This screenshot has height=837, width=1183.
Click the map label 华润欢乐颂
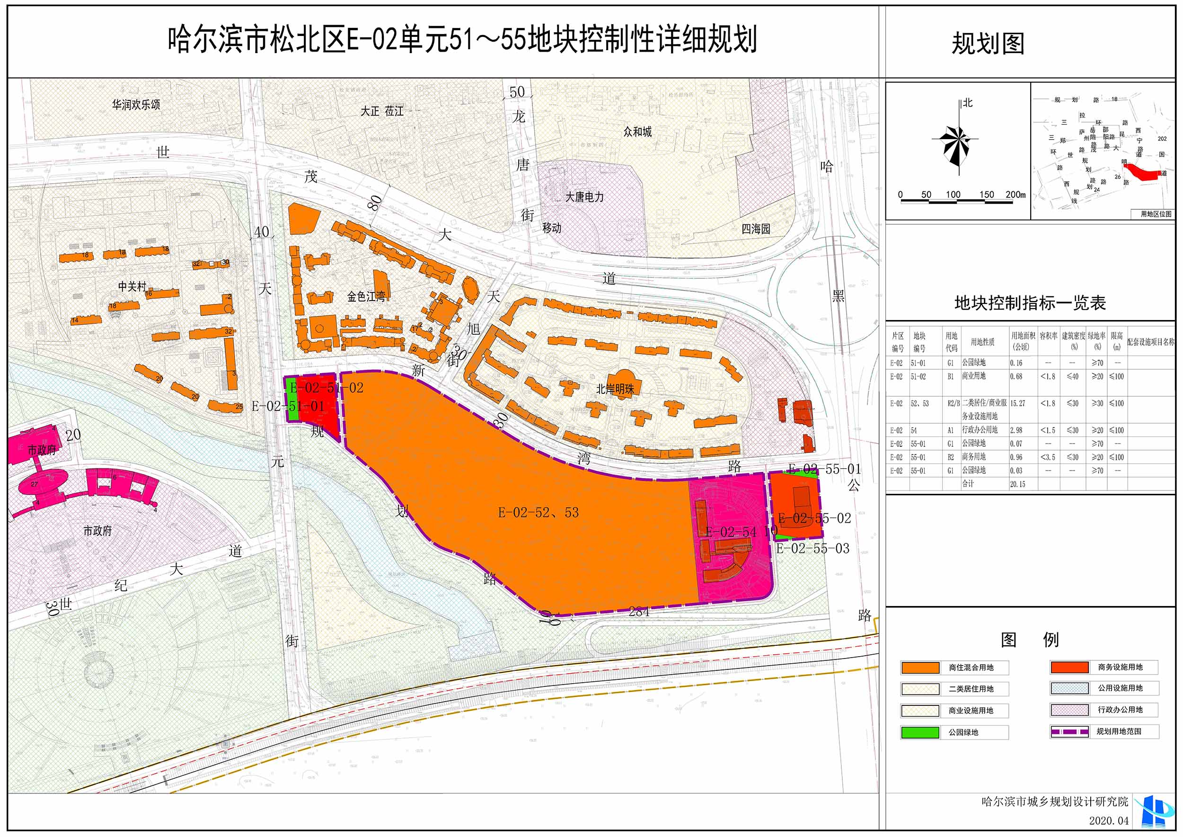click(x=136, y=105)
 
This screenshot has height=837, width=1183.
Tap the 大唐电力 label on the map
click(x=584, y=197)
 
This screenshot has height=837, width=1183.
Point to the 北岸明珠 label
click(x=615, y=389)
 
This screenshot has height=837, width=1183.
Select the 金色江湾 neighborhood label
click(x=366, y=296)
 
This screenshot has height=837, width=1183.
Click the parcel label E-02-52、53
click(x=538, y=512)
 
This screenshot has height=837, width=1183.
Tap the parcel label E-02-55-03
click(x=812, y=548)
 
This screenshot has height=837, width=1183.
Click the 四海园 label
click(x=755, y=229)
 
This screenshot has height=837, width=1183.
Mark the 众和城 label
click(x=637, y=132)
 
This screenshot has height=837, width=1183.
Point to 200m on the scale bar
click(x=1015, y=195)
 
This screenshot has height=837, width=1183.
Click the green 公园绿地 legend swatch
click(x=920, y=732)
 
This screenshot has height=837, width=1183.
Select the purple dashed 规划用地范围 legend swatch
click(x=1069, y=731)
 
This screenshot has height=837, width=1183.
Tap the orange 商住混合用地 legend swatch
click(x=920, y=668)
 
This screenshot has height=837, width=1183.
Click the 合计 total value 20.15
click(x=1017, y=484)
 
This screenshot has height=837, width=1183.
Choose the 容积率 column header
click(x=1048, y=336)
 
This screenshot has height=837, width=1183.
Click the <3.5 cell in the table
click(x=1048, y=457)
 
